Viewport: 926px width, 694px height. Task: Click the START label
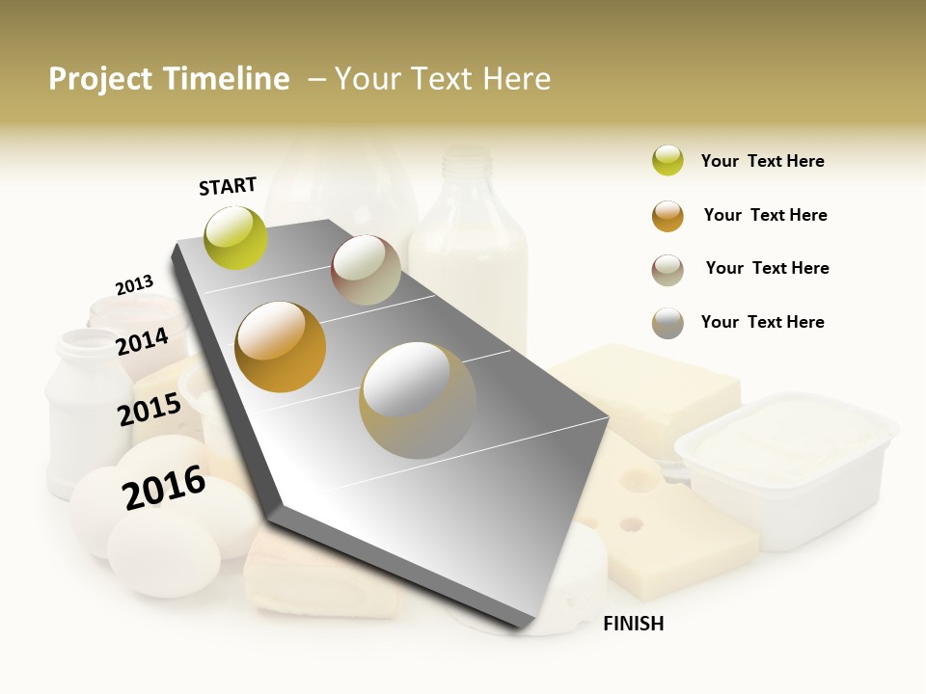(228, 186)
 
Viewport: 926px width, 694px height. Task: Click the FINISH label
(633, 624)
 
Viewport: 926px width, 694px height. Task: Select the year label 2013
(134, 285)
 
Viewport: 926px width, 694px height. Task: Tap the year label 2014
(142, 341)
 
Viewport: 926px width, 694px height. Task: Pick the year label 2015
(150, 410)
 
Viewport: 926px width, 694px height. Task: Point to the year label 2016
(164, 488)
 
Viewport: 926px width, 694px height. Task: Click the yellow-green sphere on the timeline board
(236, 237)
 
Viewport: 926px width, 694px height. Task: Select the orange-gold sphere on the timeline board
(281, 347)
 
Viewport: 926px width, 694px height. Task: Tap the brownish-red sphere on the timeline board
(366, 270)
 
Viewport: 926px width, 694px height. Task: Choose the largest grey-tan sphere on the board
(418, 400)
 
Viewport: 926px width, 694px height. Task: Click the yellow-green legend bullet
(667, 161)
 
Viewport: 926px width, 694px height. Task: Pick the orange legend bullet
(667, 216)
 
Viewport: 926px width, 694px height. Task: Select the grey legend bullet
(667, 323)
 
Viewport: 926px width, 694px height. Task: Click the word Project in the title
(99, 79)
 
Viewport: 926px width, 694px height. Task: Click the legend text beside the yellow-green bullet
(762, 161)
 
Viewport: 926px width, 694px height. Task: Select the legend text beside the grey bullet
(762, 322)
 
